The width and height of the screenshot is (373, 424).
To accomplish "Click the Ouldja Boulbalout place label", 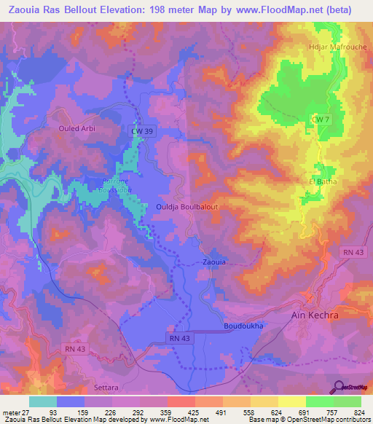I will pos(187,207).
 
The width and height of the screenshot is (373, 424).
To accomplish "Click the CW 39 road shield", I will pos(144,130).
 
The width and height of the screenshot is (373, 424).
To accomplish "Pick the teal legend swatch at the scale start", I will pos(42,401).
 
